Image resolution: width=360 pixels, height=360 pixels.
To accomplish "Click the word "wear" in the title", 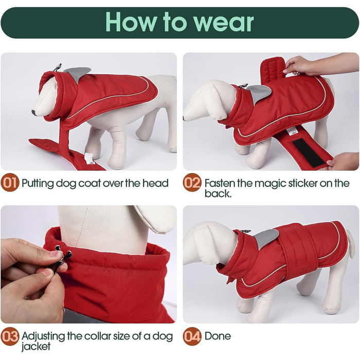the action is [x=223, y=22].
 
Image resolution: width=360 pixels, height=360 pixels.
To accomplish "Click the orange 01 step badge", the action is [x=10, y=183].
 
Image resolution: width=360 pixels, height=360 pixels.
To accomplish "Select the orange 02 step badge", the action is [x=192, y=183].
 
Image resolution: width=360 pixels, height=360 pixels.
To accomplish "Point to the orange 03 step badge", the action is [x=10, y=336].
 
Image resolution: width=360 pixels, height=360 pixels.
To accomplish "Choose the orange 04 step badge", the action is [x=192, y=336].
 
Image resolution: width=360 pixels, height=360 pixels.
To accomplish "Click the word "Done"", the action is [x=218, y=336].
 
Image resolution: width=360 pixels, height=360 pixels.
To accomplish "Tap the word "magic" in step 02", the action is [x=270, y=184].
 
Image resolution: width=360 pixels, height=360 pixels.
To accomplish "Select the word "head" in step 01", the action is [x=155, y=183].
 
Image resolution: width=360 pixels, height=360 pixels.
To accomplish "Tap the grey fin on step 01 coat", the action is [x=78, y=74].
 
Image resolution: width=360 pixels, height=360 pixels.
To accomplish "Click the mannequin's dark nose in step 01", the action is [x=34, y=113].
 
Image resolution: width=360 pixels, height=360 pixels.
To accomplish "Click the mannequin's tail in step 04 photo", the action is [x=350, y=244].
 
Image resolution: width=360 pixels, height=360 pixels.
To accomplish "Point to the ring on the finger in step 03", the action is [x=63, y=310].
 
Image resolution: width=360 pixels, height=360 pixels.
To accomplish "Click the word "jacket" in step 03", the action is [x=36, y=346].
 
